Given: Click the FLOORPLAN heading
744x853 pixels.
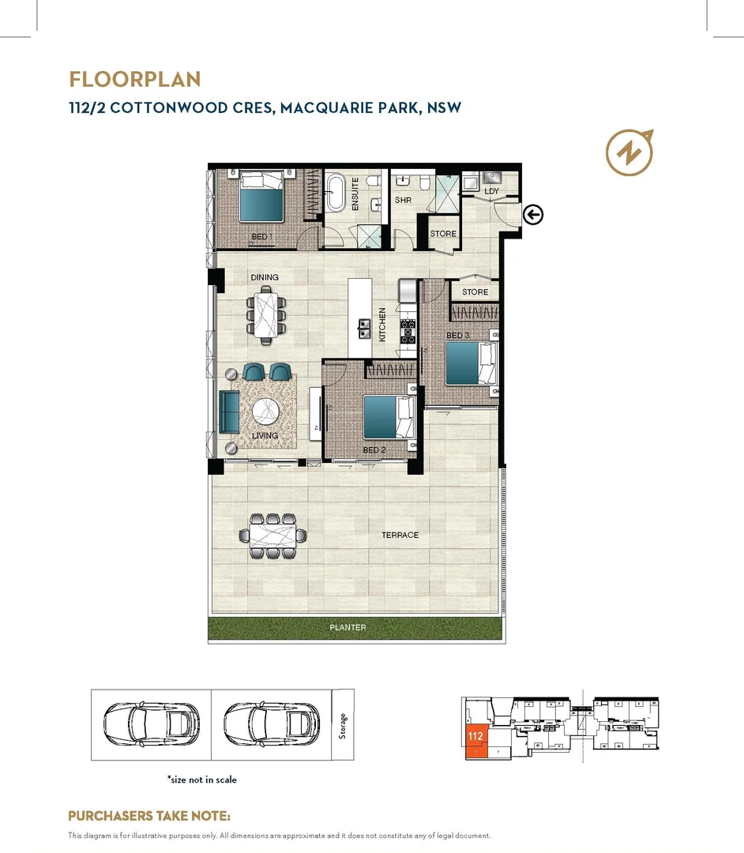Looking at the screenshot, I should coord(134,80).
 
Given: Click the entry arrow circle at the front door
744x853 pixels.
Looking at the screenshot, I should coord(534,214).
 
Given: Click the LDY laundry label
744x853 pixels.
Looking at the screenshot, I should coord(491,192).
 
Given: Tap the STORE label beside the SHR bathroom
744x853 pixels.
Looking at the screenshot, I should coord(443,234).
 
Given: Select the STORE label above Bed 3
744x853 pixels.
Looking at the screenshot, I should coord(475,292).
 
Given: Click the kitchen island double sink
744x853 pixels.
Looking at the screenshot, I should coord(364,328).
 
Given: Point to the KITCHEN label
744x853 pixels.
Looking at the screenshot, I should coord(382,324).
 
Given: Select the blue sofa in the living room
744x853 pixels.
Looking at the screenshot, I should coord(230,411).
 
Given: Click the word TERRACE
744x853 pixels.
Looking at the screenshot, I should coord(400,535).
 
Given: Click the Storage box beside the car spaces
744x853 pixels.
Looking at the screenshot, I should coord(343,724).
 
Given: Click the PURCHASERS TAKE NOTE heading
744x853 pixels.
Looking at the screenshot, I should coord(149,816).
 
